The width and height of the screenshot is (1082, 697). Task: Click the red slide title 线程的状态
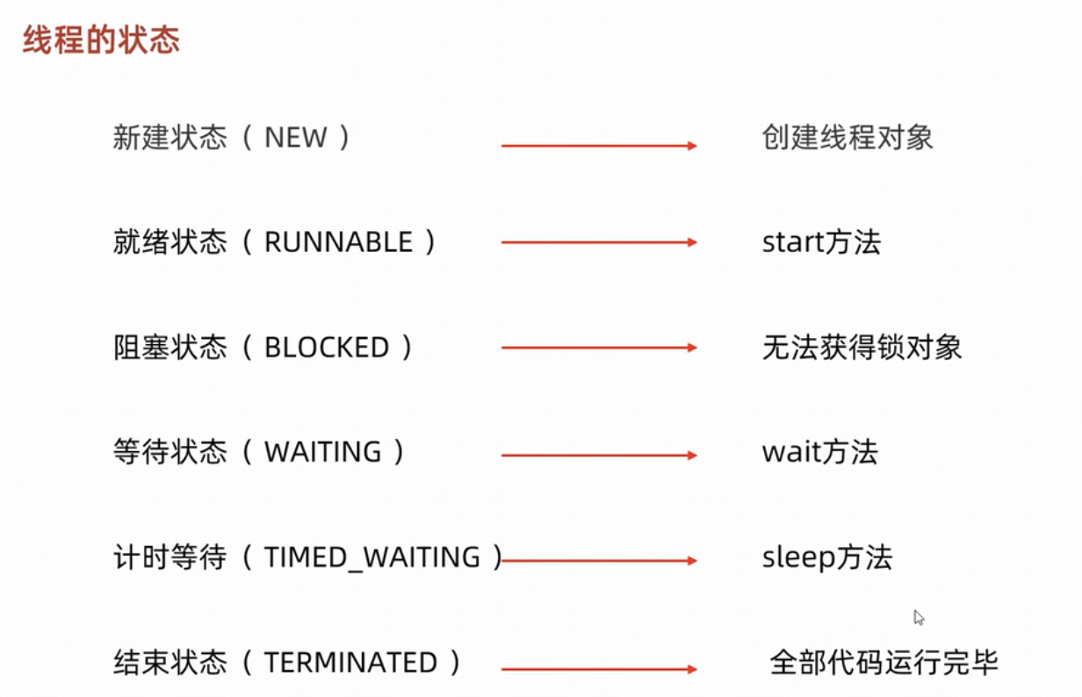pos(102,40)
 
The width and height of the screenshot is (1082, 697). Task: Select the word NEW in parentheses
pos(296,137)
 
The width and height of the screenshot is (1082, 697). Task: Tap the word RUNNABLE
pos(339,241)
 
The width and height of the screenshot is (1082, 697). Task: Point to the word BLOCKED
pos(327,347)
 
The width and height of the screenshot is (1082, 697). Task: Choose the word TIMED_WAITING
pos(372,557)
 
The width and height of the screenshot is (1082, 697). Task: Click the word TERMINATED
pos(350,662)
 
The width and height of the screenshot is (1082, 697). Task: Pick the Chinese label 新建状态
pos(170,137)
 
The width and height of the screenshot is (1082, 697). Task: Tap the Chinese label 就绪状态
pos(170,241)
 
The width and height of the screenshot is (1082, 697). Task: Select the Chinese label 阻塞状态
pos(170,347)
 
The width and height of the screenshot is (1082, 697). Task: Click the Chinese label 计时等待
pos(170,557)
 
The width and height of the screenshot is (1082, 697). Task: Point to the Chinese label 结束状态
pos(170,662)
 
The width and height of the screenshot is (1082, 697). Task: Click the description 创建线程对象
pos(848,137)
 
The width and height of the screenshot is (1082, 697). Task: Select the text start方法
pos(822,241)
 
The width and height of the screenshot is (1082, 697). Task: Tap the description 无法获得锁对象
pos(862,347)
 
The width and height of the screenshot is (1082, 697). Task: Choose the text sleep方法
pos(827,557)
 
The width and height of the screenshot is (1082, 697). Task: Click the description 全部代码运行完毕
pos(884,662)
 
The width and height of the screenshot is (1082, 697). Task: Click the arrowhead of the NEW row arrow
pos(692,146)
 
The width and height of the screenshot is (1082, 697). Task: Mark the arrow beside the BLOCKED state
pos(599,348)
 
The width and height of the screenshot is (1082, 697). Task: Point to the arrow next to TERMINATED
pos(599,669)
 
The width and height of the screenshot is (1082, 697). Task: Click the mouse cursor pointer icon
pos(919,617)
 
